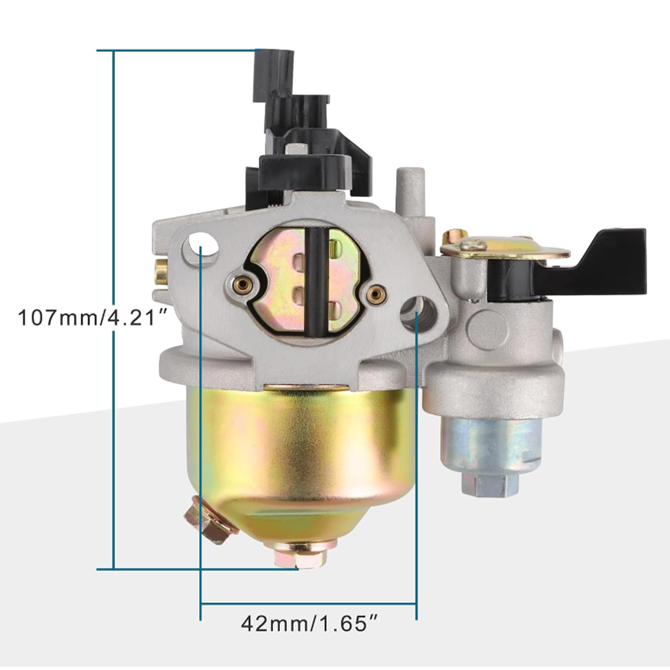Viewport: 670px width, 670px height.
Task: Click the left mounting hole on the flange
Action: [203, 245]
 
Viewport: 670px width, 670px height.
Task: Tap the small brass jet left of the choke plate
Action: [243, 285]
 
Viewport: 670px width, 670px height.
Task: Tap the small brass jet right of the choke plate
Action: [375, 295]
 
